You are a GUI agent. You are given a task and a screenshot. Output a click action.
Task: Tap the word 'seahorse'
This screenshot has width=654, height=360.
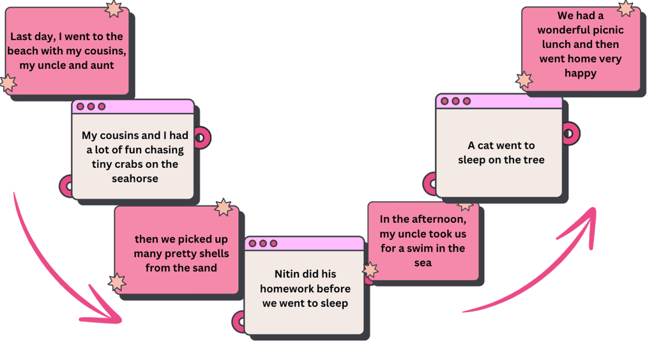point(135,179)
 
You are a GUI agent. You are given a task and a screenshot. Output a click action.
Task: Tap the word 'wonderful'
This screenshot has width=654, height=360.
point(561,30)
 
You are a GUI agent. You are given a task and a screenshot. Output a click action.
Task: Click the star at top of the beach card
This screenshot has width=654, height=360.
point(114,9)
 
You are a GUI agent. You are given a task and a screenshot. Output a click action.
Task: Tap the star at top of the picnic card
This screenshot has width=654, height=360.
point(626,8)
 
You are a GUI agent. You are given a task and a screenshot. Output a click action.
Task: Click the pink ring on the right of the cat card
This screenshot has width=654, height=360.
point(569,134)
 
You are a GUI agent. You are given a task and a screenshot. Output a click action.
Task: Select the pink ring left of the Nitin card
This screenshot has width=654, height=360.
point(239,322)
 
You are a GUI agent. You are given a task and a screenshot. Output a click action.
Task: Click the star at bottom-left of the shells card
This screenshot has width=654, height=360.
point(117,282)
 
